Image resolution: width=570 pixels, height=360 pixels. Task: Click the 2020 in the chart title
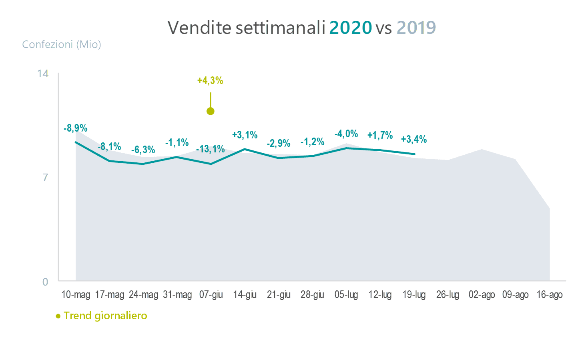350,28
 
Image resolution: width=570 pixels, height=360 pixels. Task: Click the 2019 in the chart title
416,28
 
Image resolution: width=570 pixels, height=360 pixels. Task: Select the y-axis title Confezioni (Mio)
62,44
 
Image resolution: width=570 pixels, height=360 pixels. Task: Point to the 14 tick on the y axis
43,74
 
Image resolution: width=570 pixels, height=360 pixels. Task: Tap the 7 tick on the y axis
45,177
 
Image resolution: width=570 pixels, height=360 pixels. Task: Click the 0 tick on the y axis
45,282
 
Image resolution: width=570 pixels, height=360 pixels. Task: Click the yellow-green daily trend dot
211,111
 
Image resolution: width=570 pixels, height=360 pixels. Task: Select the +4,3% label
210,81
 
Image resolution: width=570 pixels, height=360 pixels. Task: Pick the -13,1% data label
211,149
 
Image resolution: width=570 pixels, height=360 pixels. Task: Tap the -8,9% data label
75,128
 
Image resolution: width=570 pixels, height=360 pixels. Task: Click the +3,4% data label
414,139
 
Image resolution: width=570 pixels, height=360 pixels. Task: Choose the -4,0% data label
346,134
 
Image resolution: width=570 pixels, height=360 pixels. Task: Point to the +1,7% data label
380,135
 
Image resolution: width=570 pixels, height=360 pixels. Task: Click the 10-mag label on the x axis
76,295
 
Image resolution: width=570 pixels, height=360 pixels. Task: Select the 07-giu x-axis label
211,295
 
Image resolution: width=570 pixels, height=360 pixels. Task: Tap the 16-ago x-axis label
550,295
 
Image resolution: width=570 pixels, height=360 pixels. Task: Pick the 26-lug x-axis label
448,295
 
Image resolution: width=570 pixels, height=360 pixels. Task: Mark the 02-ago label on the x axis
482,295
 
